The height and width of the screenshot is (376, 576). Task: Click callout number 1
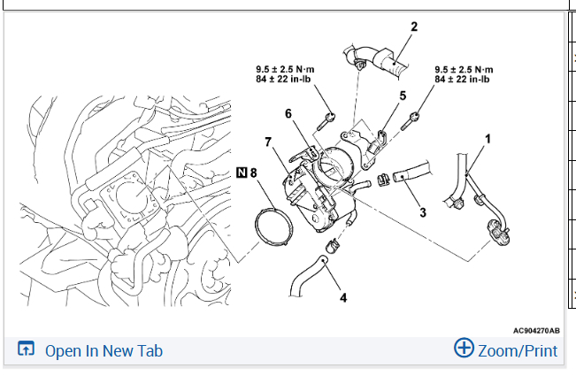[488, 139]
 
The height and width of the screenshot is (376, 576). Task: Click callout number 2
[413, 27]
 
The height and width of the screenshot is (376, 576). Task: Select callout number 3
[423, 212]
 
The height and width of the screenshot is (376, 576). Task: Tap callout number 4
[343, 297]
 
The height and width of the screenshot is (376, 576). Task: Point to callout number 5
[403, 95]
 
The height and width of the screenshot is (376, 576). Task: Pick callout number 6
[288, 113]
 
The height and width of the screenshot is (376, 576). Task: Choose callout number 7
[267, 141]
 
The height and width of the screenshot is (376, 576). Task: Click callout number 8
[254, 173]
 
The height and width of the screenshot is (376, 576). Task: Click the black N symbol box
[242, 173]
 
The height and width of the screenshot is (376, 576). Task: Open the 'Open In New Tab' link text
[104, 351]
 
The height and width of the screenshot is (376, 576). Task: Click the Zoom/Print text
[518, 351]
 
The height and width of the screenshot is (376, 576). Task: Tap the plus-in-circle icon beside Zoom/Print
[464, 349]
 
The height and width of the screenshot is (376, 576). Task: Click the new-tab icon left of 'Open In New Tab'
[26, 350]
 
